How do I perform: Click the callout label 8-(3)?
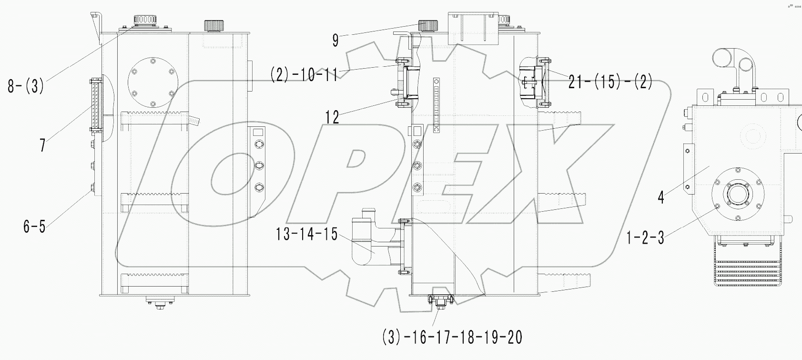tap(26, 86)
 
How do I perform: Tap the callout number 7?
tap(43, 144)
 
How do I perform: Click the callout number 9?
tap(335, 41)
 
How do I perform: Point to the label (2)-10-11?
tap(304, 75)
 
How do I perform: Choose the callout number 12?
tap(332, 117)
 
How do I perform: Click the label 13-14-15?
tap(306, 234)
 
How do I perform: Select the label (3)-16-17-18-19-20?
tap(452, 338)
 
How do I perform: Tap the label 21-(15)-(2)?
tap(610, 82)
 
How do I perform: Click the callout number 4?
tap(660, 197)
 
